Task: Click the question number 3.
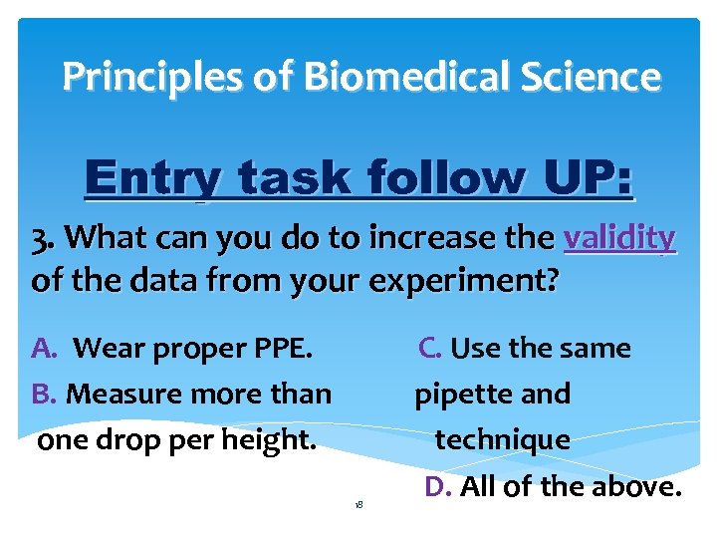pyautogui.click(x=42, y=238)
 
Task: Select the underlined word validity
pyautogui.click(x=619, y=238)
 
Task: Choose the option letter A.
pyautogui.click(x=44, y=349)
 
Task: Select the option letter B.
pyautogui.click(x=44, y=394)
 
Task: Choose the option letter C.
pyautogui.click(x=430, y=349)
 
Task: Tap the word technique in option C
pyautogui.click(x=503, y=439)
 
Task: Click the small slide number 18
pyautogui.click(x=358, y=505)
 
